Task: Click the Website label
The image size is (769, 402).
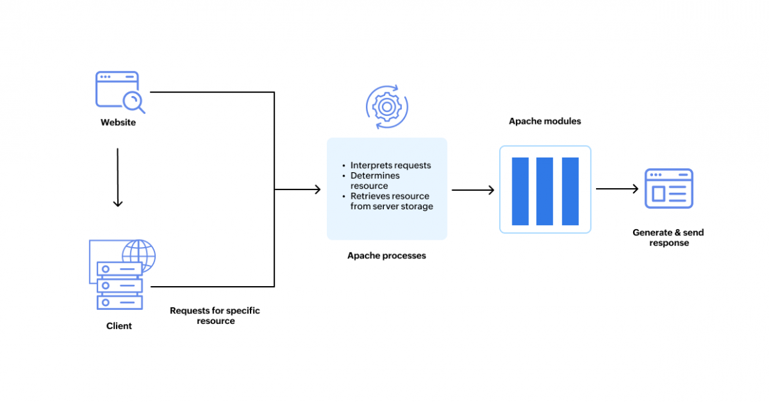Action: click(118, 123)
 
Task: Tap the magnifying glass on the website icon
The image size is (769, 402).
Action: click(133, 103)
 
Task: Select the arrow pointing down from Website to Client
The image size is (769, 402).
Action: click(118, 177)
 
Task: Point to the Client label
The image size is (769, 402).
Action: click(119, 326)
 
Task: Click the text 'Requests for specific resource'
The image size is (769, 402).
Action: click(215, 316)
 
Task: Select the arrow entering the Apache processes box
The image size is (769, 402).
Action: click(297, 189)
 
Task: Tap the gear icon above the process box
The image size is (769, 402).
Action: click(387, 107)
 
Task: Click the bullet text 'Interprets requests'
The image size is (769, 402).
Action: click(390, 165)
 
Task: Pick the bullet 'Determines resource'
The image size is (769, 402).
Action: click(375, 180)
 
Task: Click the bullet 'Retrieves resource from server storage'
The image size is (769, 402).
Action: click(391, 201)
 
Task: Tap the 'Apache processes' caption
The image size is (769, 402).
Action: click(386, 256)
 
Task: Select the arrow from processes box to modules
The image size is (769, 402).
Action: click(473, 189)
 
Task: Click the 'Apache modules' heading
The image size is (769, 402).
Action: click(545, 121)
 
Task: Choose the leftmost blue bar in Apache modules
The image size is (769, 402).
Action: click(520, 191)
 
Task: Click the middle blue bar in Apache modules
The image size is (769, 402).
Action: click(545, 191)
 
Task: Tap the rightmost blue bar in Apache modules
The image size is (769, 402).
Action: click(570, 191)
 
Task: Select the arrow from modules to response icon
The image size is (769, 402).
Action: click(617, 189)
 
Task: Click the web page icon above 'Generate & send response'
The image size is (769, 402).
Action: click(669, 189)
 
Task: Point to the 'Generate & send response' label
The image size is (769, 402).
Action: click(668, 238)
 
